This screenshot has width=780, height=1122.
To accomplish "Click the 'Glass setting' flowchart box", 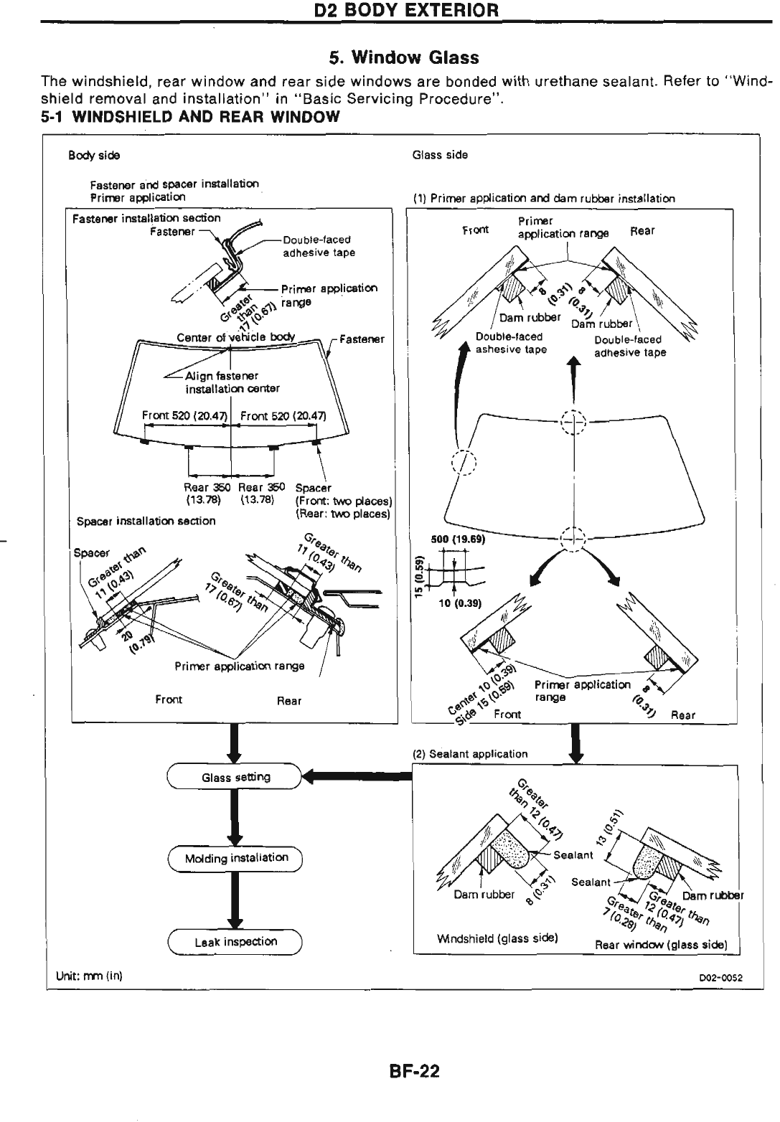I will (x=236, y=777).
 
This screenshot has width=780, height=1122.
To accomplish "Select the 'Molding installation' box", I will (x=236, y=858).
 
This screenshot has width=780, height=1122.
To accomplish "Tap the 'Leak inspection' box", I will (x=236, y=941).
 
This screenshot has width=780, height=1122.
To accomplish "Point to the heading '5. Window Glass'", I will (x=404, y=57).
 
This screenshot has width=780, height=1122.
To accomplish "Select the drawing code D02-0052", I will (x=721, y=977).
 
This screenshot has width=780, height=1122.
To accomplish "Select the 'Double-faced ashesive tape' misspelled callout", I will (x=511, y=343).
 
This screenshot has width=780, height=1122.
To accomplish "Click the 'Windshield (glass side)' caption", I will (x=498, y=938).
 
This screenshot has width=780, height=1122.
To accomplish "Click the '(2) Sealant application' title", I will (x=470, y=754).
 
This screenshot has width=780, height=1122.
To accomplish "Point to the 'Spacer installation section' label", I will (x=146, y=520).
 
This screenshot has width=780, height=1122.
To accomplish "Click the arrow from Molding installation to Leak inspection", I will (x=236, y=900).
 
